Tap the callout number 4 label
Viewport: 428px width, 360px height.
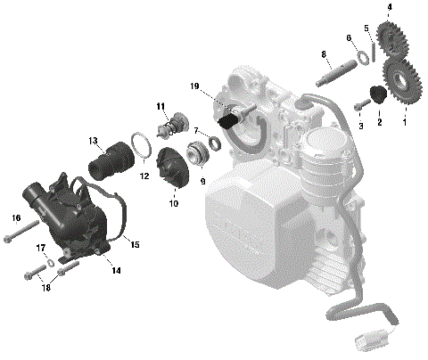click(389, 7)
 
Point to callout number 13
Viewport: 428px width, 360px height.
click(92, 141)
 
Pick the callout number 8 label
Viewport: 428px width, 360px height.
click(323, 55)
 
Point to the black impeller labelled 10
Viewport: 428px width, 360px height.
click(170, 168)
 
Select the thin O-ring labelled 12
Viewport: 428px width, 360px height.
click(139, 143)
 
